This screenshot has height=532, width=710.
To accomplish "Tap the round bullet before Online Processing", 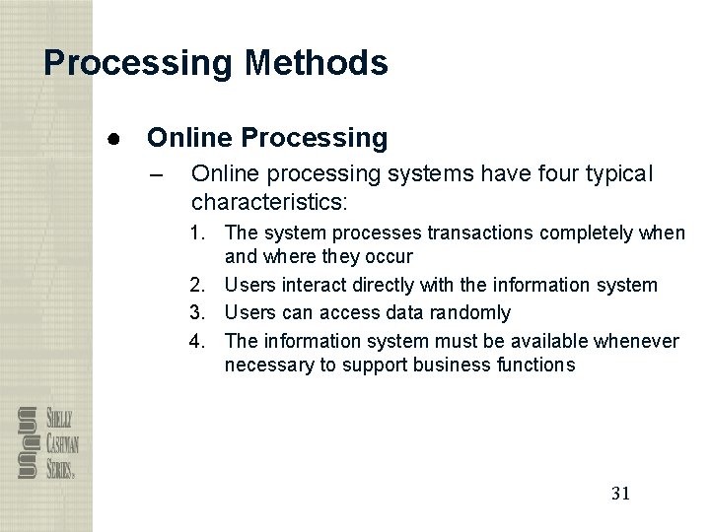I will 114,138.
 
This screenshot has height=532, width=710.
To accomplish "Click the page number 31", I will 620,493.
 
